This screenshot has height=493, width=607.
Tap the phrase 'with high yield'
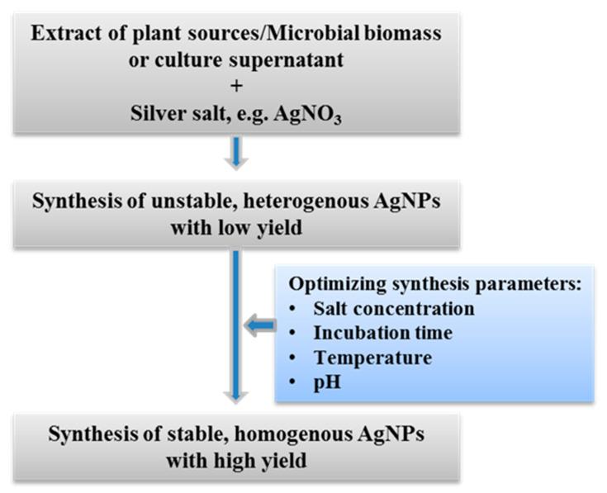point(236,461)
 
